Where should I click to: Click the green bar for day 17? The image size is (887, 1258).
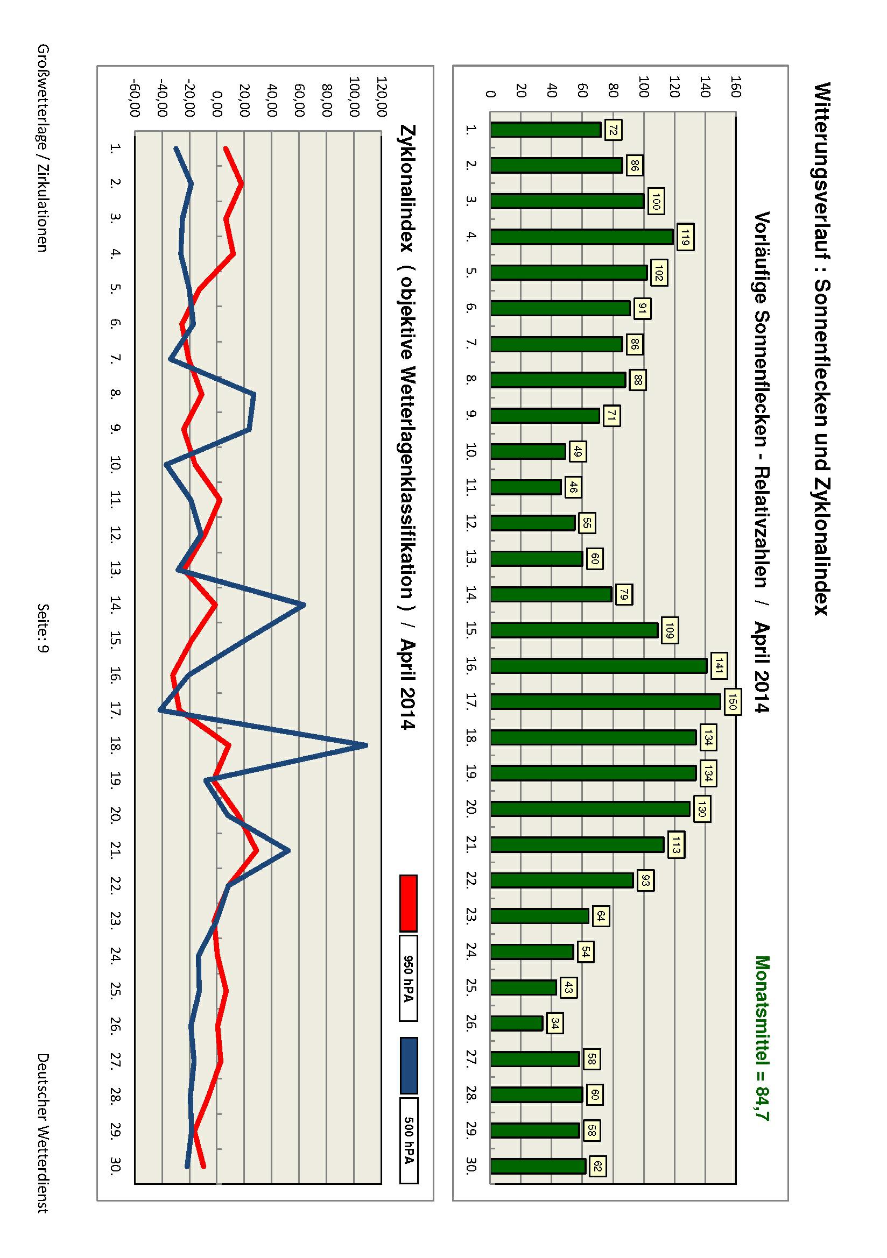pos(605,702)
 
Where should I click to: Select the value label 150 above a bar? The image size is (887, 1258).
pos(731,702)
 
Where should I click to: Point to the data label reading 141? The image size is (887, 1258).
pos(717,666)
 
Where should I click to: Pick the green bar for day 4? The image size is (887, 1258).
pos(582,237)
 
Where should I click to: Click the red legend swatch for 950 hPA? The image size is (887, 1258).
pos(409,902)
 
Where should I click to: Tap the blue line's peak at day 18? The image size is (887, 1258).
pos(366,745)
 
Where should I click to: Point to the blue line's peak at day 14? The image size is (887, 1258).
pos(304,605)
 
